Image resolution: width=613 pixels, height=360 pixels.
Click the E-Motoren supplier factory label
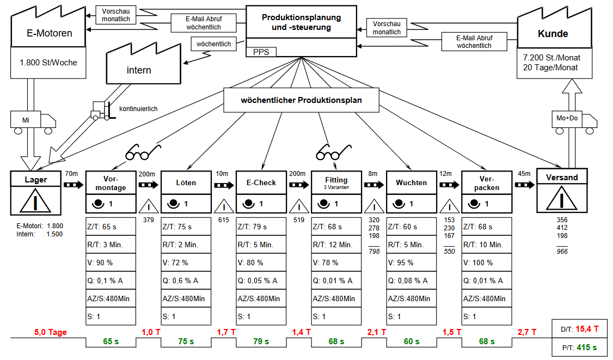point(49,33)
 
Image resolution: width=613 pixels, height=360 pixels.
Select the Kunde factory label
point(553,34)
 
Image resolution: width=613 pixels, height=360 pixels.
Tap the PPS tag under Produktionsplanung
point(261,52)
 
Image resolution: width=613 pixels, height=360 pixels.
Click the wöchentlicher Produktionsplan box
point(301,100)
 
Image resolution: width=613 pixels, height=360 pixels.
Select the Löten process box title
point(186,182)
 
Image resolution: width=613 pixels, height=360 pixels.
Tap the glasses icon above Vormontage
point(144,152)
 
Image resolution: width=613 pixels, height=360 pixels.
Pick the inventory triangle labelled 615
point(223,206)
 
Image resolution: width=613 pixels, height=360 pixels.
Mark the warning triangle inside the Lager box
point(35,201)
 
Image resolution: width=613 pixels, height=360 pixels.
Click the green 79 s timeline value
point(261,341)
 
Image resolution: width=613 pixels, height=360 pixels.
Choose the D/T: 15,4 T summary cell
point(580,328)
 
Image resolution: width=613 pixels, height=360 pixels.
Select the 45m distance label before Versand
point(524,174)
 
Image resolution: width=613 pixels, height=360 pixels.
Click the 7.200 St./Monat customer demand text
point(551,58)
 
